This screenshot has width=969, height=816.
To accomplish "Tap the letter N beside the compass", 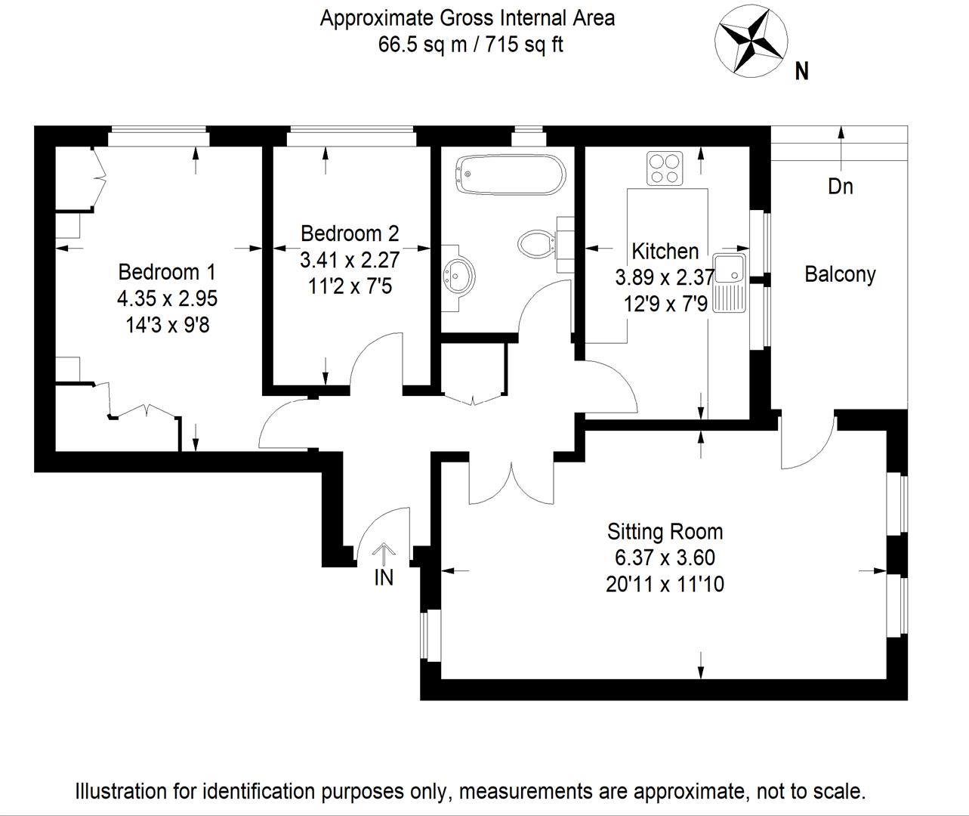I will [x=802, y=71].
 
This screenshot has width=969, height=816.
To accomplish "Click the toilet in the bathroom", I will [x=537, y=244].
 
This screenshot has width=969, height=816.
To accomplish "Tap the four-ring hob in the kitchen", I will [x=665, y=168].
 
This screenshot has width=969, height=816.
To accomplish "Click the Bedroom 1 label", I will [x=167, y=271].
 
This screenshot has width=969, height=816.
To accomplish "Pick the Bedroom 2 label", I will [x=349, y=233].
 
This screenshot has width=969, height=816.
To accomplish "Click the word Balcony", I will [x=840, y=274].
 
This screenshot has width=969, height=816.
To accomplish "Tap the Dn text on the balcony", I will [x=840, y=186].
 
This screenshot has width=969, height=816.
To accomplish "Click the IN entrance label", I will [x=384, y=577].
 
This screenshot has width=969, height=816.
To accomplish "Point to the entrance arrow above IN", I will [x=384, y=554].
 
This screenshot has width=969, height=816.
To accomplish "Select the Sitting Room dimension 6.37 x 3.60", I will [x=665, y=558].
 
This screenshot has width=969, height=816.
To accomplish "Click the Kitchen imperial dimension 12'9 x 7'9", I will [x=665, y=304].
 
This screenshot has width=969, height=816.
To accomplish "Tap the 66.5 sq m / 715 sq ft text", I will [x=470, y=45].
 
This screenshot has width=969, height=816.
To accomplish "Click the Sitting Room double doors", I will [x=512, y=484].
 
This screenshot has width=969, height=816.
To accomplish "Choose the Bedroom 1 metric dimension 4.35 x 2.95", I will [x=167, y=298].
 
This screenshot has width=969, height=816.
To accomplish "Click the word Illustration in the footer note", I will [x=122, y=791].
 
